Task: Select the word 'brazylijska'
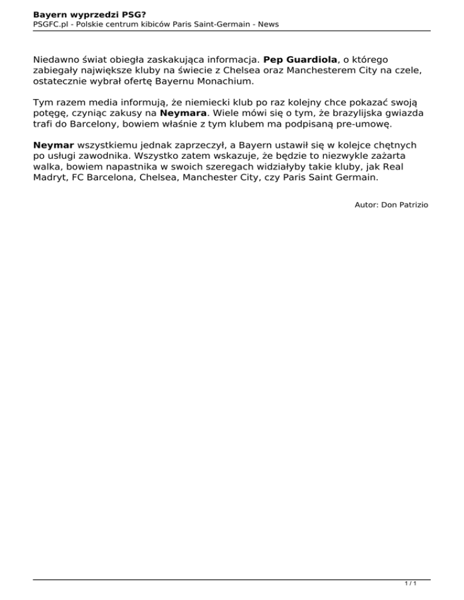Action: tap(342, 112)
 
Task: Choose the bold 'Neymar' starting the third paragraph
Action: tap(54, 145)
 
